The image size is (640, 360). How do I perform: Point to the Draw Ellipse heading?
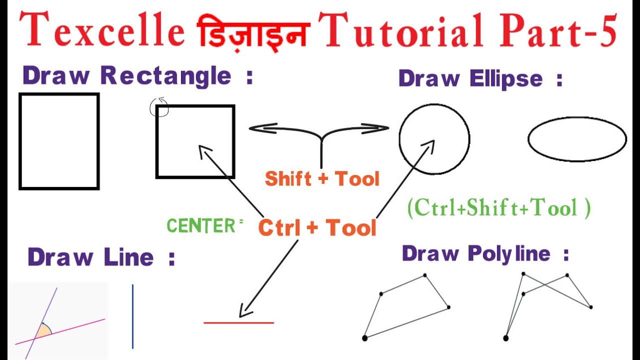[x=480, y=78]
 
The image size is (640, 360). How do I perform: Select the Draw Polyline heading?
[x=485, y=253]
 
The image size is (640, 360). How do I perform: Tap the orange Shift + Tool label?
[x=322, y=178]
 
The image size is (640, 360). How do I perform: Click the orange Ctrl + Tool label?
[x=317, y=227]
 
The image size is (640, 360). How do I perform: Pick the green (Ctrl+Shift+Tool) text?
[x=499, y=207]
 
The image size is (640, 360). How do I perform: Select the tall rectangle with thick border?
[x=59, y=141]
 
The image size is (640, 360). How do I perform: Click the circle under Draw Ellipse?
[x=434, y=139]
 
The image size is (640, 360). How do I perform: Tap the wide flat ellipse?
[x=577, y=139]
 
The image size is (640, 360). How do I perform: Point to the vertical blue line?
[x=132, y=316]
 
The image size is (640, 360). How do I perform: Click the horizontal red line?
[x=238, y=322]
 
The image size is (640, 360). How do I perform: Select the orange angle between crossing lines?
[x=43, y=330]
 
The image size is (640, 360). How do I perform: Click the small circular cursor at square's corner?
[x=159, y=107]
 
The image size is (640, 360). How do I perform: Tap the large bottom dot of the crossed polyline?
[x=505, y=338]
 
